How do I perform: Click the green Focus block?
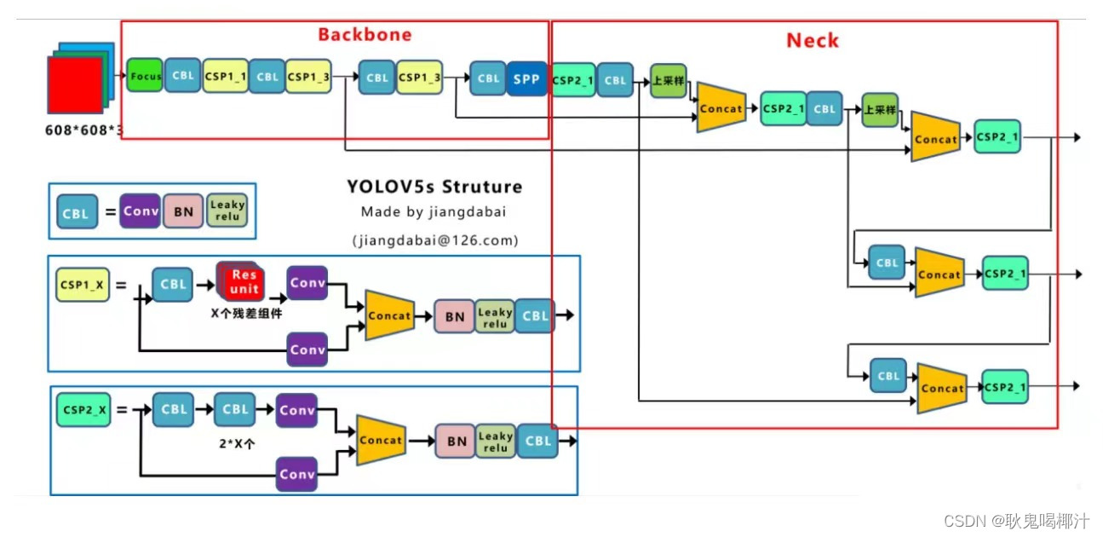pos(145,77)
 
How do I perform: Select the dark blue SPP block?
pos(526,78)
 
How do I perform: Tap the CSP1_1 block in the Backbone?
pos(226,77)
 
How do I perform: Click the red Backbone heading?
pos(365,35)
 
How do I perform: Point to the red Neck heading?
pos(812,41)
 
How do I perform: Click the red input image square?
pos(75,85)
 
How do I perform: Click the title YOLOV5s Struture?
pos(434,187)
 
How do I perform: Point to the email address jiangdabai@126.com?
pos(435,240)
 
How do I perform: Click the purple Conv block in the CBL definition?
pos(141,211)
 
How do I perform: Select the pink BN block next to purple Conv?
pos(184,211)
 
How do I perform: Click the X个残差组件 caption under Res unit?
pos(245,313)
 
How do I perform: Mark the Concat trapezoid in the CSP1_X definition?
pos(389,315)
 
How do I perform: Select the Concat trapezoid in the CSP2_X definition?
pos(380,440)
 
